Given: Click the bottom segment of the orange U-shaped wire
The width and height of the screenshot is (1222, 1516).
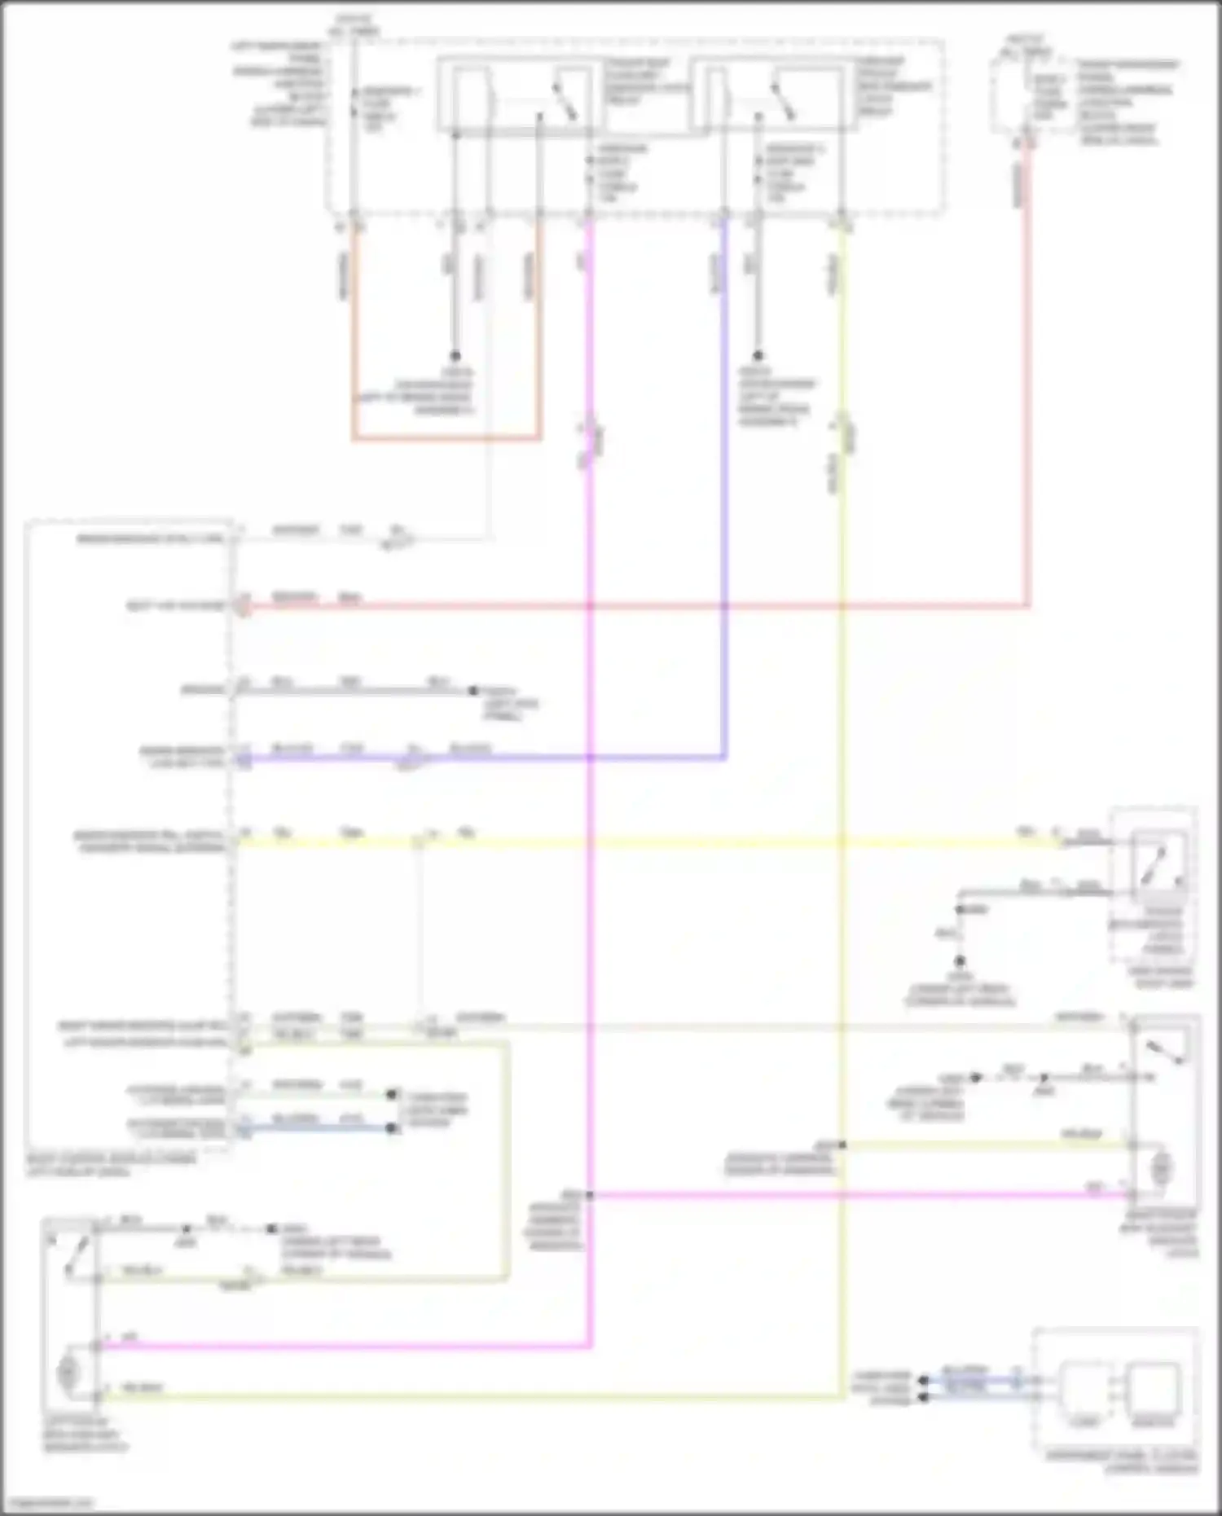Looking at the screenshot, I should (x=446, y=439).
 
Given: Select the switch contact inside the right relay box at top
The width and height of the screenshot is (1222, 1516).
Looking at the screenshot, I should (x=786, y=101).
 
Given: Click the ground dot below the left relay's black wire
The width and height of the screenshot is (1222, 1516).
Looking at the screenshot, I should (x=455, y=356).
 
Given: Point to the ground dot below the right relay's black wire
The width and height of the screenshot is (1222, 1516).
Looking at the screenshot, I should (x=758, y=356).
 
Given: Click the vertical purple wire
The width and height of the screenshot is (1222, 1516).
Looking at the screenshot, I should (x=724, y=489).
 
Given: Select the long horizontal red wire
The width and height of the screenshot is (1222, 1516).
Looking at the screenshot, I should (x=635, y=607).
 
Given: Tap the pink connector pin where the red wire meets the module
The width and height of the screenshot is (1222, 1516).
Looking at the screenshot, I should (x=243, y=606).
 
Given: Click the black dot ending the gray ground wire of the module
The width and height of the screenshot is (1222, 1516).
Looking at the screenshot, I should (x=473, y=691).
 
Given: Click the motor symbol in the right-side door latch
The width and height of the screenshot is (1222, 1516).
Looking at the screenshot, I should (x=1162, y=1170).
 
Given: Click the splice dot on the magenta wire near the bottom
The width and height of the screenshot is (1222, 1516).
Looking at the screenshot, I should (x=589, y=1195).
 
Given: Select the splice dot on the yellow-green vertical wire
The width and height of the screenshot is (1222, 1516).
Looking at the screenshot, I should (x=842, y=1145).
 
